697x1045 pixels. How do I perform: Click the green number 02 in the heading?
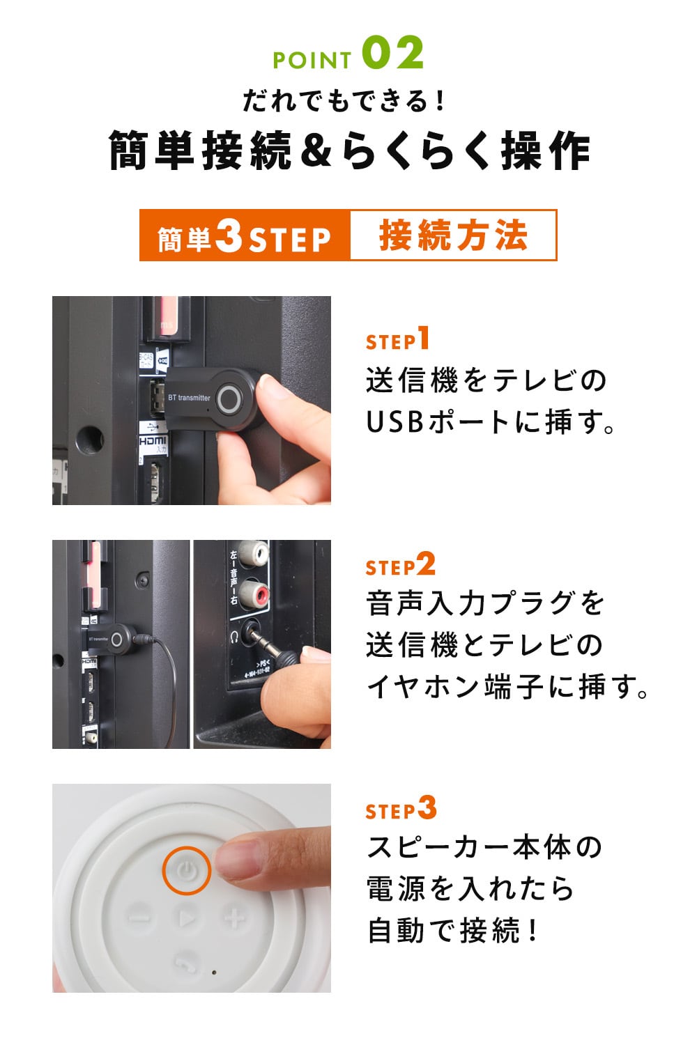pos(393,53)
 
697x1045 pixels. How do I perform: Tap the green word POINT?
pos(312,60)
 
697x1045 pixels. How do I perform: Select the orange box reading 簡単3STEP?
pos(245,235)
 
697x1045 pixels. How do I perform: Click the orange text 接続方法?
pos(453,235)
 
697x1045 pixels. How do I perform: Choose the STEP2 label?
pos(401,564)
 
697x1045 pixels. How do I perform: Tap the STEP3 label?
pos(401,807)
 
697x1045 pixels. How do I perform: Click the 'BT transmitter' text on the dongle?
pos(189,398)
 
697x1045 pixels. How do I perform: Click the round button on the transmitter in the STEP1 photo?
pos(230,398)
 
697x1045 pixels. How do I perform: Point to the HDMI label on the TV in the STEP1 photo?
pos(153,440)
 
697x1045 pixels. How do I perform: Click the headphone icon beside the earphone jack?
pos(235,635)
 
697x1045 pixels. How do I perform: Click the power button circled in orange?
pos(186,871)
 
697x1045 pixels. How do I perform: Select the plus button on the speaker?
pos(235,918)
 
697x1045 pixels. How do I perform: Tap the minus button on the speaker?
pos(139,918)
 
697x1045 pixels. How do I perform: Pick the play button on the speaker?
pos(187,919)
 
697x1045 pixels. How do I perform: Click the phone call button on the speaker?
pos(187,962)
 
